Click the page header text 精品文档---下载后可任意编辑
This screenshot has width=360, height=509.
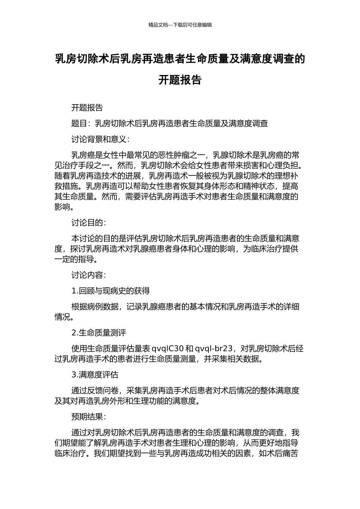pos(180,25)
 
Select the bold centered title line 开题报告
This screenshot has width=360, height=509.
pos(180,80)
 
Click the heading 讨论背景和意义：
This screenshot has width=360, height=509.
pos(101,139)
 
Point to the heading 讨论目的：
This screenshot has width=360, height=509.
pos(89,222)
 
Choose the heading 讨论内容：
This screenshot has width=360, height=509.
pos(89,275)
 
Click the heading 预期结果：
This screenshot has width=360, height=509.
pos(89,417)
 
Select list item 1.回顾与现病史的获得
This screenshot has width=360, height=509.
pos(110,291)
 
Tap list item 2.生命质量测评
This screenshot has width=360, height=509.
pos(99,333)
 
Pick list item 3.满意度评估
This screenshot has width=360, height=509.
pos(95,375)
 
